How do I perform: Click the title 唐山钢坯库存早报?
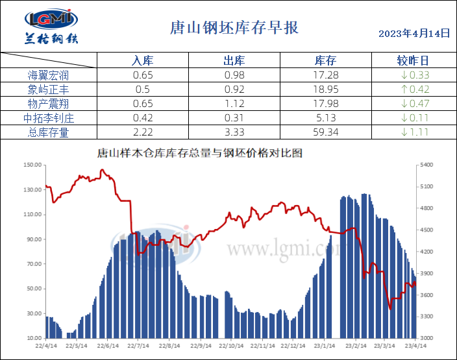point(234,28)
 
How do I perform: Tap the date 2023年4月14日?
point(414,33)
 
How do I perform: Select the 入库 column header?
point(142,61)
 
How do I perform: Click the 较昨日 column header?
point(413,61)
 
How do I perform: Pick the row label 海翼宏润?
point(48,75)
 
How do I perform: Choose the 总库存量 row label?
point(48,132)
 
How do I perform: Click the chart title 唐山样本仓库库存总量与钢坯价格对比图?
point(199,154)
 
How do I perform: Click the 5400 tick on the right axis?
point(426,165)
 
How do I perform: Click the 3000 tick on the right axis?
point(426,339)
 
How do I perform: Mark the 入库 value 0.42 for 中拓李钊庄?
point(142,118)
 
